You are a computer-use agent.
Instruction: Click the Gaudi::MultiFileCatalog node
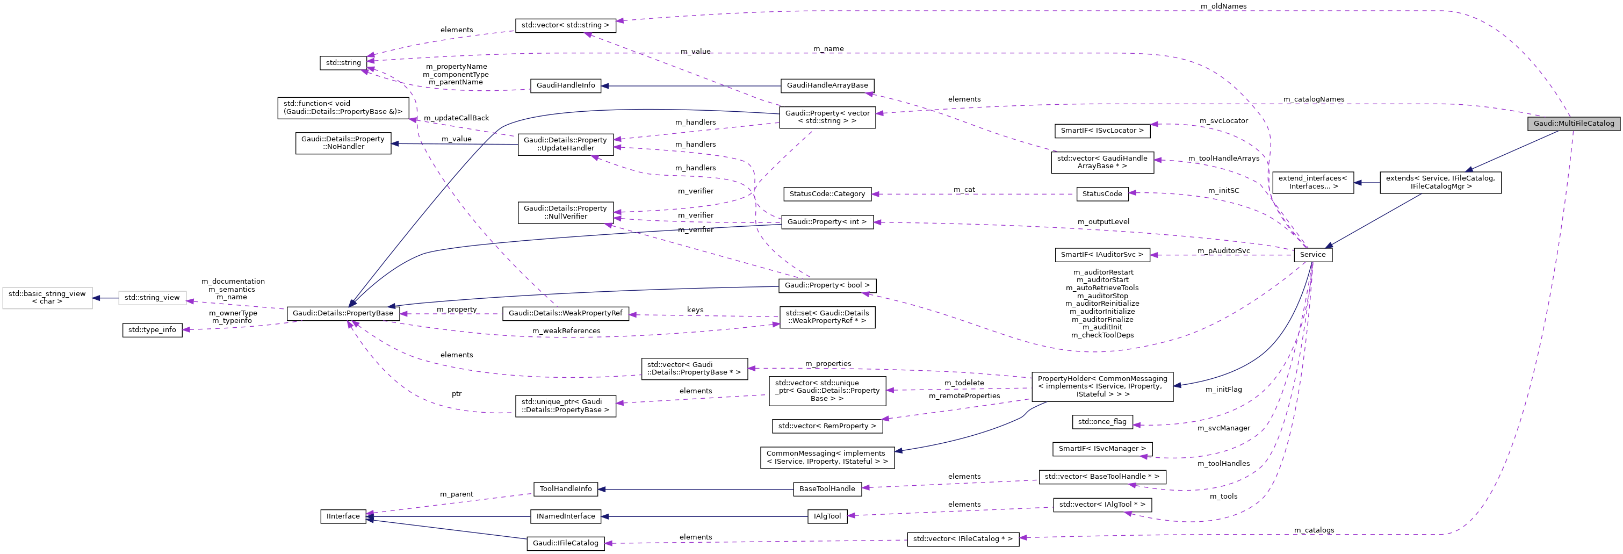click(1573, 124)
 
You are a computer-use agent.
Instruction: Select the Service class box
click(1312, 255)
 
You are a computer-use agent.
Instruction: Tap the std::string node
click(343, 63)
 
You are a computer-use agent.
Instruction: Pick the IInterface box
click(343, 516)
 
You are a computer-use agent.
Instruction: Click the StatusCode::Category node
click(827, 194)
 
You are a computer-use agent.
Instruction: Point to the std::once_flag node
click(1102, 422)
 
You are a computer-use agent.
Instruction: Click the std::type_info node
click(152, 329)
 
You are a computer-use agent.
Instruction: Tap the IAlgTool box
click(827, 516)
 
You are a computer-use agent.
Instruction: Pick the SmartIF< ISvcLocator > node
click(1102, 131)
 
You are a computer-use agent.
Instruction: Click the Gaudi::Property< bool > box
click(827, 285)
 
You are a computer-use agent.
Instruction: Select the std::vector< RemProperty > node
click(827, 426)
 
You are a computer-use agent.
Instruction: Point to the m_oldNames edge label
click(1223, 6)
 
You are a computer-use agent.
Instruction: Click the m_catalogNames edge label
click(1314, 99)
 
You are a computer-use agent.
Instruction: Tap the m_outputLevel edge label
click(1103, 222)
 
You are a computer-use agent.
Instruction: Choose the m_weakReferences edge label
click(566, 331)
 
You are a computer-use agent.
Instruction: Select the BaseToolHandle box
click(827, 488)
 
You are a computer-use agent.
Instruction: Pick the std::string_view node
click(152, 298)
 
